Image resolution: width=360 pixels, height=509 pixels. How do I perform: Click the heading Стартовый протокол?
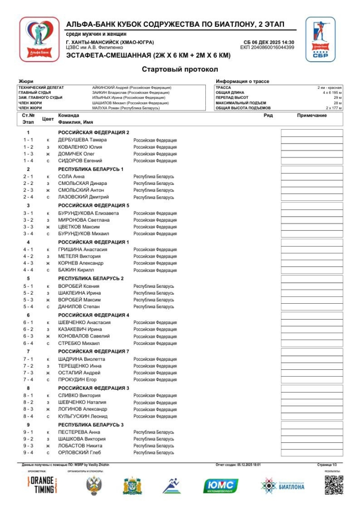(x=180, y=70)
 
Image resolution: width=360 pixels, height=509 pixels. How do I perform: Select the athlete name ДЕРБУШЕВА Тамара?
(x=82, y=140)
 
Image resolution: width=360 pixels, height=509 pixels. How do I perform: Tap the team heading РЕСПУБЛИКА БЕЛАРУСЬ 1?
(x=90, y=169)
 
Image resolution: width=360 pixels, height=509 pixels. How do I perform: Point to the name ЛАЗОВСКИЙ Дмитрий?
(x=84, y=197)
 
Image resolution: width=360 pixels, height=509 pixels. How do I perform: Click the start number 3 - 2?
(x=28, y=220)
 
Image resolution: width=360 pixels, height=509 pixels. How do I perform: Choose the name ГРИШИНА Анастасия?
(x=83, y=250)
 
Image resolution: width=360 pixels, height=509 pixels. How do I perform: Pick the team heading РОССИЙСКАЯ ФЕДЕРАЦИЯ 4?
(x=93, y=315)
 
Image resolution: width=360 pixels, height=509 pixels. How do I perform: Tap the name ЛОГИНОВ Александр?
(x=83, y=409)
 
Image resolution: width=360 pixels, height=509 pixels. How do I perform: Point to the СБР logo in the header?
(x=320, y=39)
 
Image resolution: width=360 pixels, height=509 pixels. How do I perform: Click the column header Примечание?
(x=312, y=115)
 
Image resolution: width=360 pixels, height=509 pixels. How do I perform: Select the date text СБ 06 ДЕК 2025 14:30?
(x=269, y=42)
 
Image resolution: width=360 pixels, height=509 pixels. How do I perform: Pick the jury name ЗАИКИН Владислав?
(x=131, y=92)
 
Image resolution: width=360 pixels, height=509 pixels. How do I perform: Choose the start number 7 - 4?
(x=28, y=380)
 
